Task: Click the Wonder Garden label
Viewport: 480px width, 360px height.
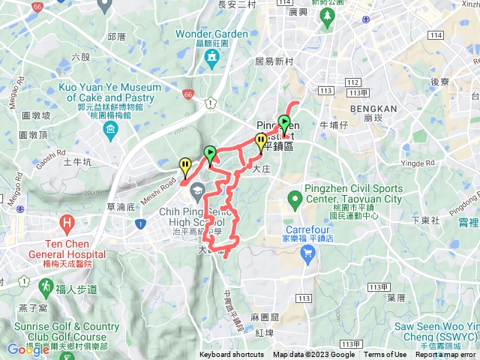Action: pos(212,34)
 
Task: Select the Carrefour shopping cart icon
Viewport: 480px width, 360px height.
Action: pos(307,254)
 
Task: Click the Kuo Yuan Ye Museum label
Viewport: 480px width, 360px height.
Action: pos(110,93)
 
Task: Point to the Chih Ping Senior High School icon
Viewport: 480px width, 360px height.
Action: pos(197,196)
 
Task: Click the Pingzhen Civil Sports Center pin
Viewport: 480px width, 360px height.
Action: pos(295,199)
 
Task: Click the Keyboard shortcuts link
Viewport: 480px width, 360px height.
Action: pos(232,355)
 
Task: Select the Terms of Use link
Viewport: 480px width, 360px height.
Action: pos(385,355)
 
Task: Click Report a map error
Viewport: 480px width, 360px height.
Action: pos(445,355)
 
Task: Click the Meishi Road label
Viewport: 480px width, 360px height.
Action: pos(168,181)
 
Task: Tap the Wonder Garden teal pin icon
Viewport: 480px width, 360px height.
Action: pos(212,56)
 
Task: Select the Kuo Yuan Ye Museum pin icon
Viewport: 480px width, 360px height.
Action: pos(110,132)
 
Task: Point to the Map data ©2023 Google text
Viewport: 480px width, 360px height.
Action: pos(313,355)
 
